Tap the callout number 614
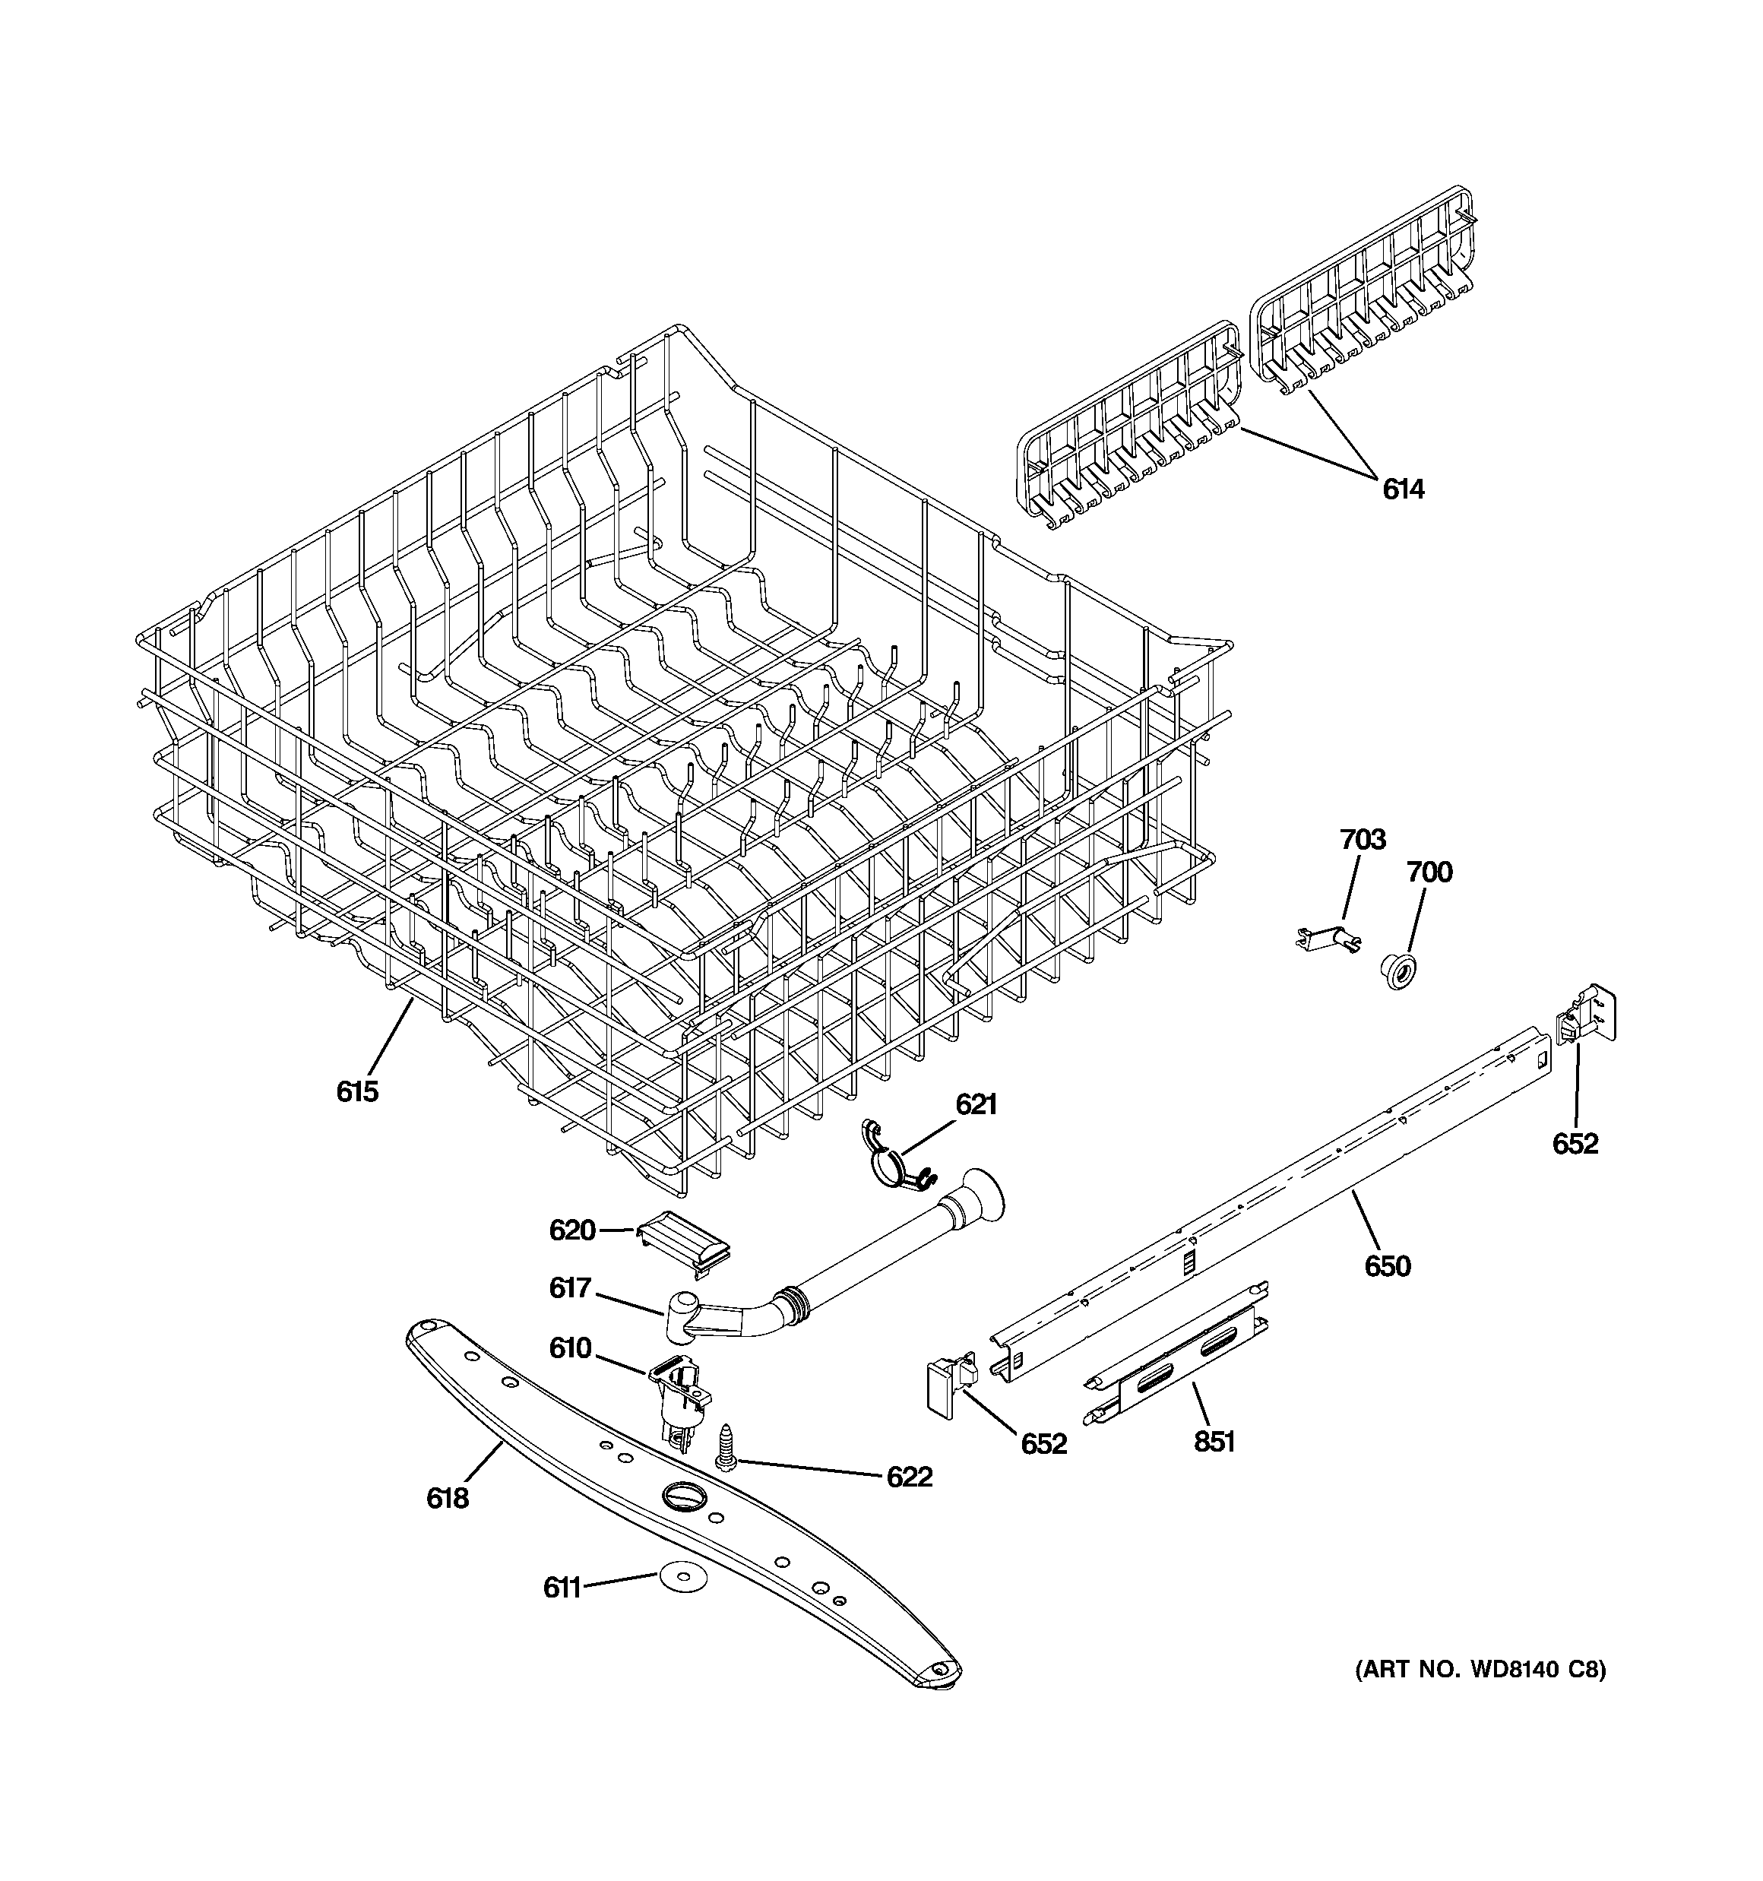1403,489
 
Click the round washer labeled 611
673,1576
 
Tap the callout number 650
1388,1265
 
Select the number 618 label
447,1498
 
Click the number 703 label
1363,839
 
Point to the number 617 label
571,1287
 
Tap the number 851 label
1214,1441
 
